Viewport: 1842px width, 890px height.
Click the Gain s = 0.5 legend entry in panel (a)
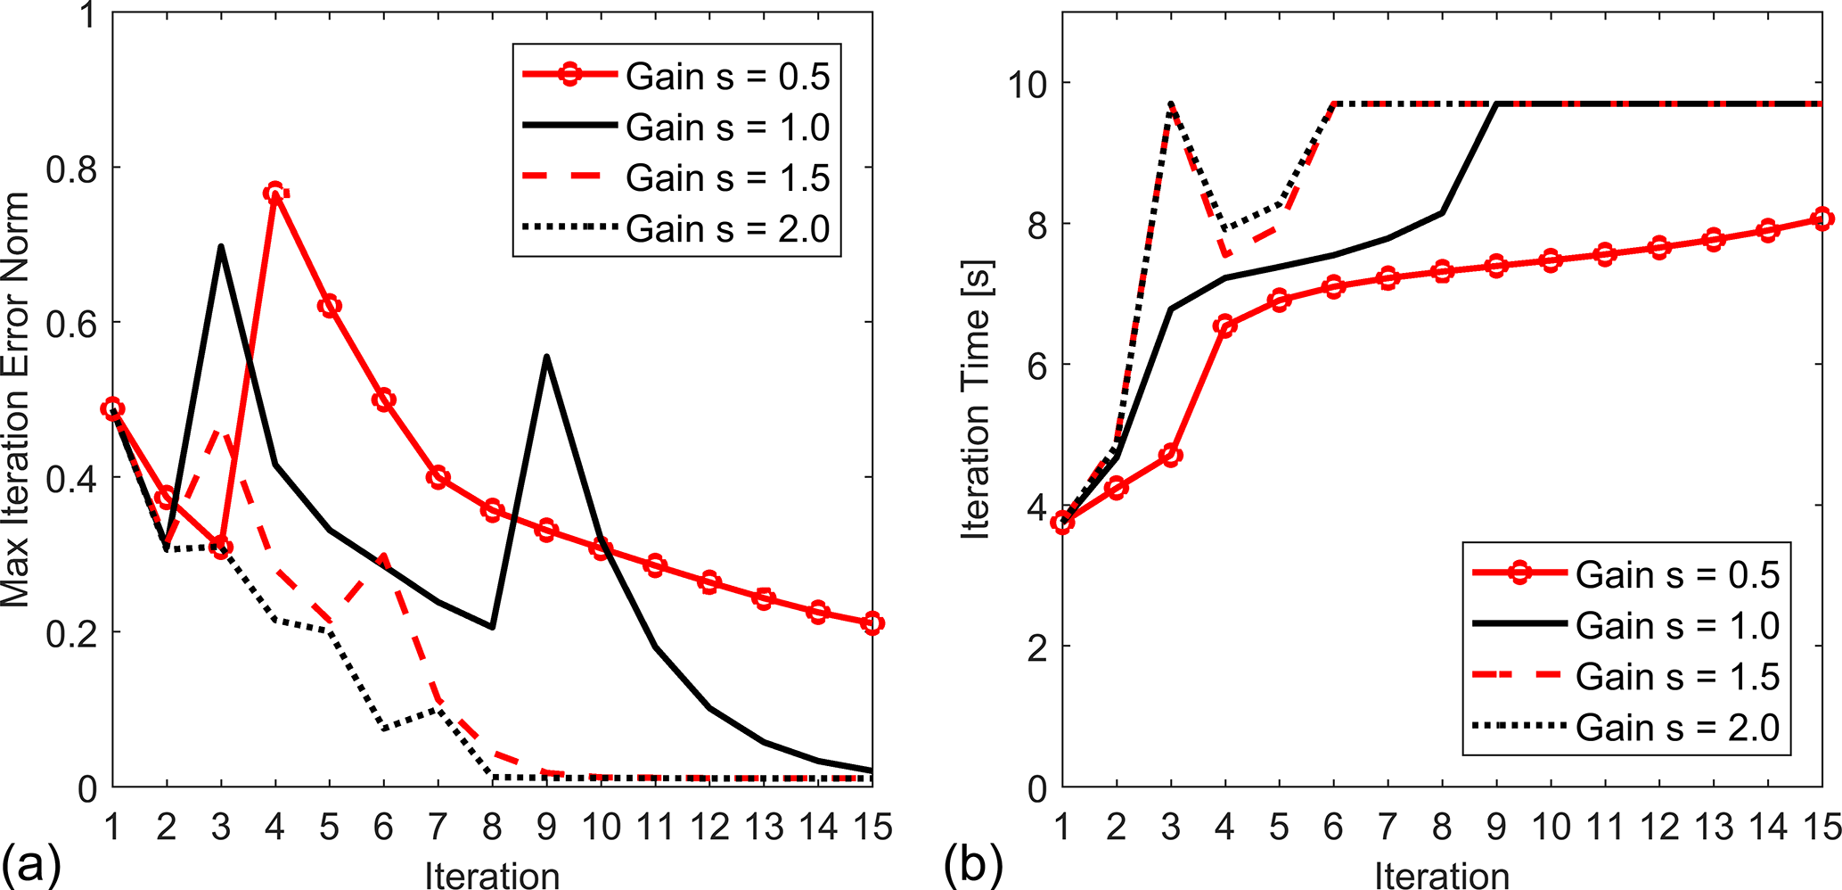677,76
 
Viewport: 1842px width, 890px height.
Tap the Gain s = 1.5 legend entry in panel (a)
677,177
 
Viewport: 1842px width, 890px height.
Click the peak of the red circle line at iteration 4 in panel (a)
274,193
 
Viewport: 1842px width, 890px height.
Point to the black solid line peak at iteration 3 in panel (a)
220,246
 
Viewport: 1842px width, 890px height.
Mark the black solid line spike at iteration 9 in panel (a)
546,357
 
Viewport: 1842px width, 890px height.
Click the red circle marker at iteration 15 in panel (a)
872,623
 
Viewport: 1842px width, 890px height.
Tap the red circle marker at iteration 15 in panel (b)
1822,218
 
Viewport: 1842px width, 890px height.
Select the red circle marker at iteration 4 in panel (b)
1224,326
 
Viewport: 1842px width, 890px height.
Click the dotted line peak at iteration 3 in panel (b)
1170,103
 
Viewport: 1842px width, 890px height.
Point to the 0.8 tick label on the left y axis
70,168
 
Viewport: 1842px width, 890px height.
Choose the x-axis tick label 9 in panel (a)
546,828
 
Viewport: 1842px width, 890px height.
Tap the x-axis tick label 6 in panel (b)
1333,828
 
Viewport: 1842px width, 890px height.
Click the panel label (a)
31,864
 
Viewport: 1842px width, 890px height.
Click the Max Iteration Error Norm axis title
16,400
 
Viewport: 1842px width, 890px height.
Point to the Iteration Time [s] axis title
977,400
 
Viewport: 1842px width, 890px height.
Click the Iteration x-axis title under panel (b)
1441,875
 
